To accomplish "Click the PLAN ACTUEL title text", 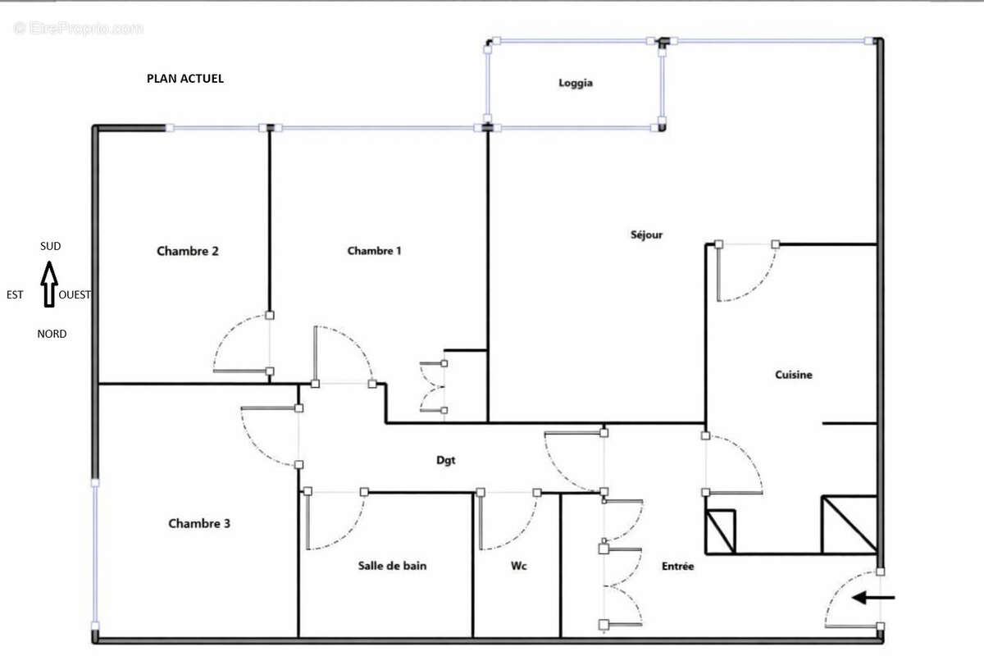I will click(x=184, y=79).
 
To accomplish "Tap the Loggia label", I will click(x=575, y=83).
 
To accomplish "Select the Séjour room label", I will click(x=646, y=235).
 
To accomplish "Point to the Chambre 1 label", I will click(x=374, y=251).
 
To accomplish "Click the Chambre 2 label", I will click(x=187, y=251).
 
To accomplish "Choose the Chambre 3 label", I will click(x=199, y=523).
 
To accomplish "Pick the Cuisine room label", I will click(x=793, y=375).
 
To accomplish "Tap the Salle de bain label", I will click(x=392, y=565).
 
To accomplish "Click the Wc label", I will click(x=517, y=565).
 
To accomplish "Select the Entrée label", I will click(x=677, y=566).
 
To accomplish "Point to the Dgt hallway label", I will click(x=445, y=461).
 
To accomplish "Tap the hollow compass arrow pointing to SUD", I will click(x=49, y=283).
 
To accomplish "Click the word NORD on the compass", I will click(x=52, y=334).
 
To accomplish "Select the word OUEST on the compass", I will click(x=75, y=295).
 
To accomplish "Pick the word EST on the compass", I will click(x=15, y=295).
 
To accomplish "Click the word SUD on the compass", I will click(x=50, y=246).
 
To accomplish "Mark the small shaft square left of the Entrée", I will click(x=721, y=531).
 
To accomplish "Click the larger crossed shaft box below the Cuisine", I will click(x=849, y=524).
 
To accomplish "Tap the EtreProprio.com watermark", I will click(x=78, y=29).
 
